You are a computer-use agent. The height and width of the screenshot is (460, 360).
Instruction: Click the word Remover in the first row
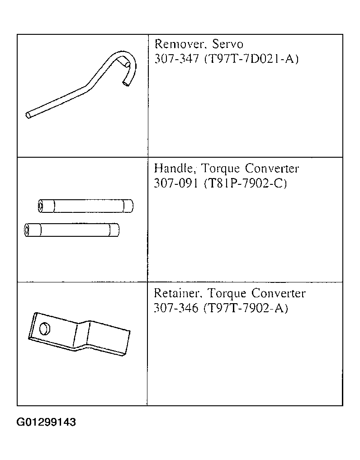(x=179, y=44)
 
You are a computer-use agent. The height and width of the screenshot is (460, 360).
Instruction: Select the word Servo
(x=228, y=44)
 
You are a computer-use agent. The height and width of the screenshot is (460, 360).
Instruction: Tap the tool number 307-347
(x=177, y=59)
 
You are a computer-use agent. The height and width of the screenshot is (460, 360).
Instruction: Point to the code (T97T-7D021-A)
(x=251, y=59)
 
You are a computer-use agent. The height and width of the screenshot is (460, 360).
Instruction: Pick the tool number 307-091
(x=176, y=183)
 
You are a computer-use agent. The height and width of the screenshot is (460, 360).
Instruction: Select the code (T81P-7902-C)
(x=245, y=183)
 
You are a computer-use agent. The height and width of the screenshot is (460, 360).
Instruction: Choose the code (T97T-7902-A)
(x=246, y=308)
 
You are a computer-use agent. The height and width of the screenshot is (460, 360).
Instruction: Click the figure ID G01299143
(x=46, y=422)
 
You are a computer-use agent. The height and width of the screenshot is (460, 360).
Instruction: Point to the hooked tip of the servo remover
(x=126, y=84)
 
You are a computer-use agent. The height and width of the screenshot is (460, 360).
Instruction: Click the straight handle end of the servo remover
(x=28, y=115)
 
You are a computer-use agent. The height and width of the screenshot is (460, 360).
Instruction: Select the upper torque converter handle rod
(x=85, y=206)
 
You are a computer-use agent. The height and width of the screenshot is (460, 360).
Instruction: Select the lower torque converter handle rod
(x=71, y=230)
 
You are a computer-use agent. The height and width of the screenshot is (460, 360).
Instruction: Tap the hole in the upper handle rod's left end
(x=40, y=206)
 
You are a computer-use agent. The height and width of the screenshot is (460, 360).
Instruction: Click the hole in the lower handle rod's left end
(x=26, y=230)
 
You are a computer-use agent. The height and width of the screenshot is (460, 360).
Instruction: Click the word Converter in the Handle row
(x=272, y=169)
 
